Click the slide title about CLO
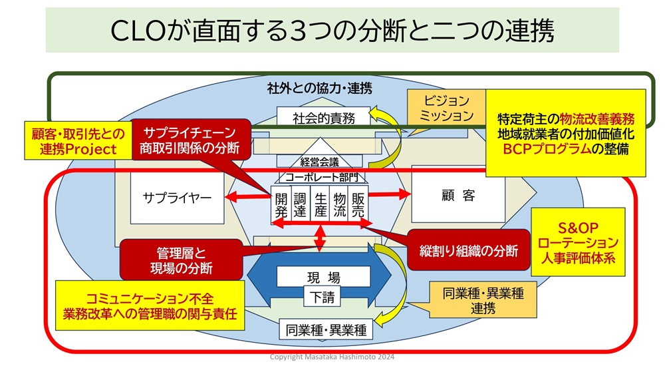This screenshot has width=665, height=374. [x=332, y=30]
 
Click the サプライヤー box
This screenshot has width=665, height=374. [x=177, y=198]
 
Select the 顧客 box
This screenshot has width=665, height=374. [x=458, y=196]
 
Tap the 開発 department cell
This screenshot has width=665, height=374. [x=281, y=204]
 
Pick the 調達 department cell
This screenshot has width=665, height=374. [x=300, y=204]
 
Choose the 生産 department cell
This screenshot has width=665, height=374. [x=320, y=204]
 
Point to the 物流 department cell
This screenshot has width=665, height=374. [x=339, y=204]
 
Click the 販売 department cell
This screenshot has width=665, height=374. [x=358, y=204]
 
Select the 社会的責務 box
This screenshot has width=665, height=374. [x=323, y=118]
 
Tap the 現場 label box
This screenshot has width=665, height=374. [x=323, y=278]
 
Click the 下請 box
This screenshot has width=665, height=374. [x=323, y=297]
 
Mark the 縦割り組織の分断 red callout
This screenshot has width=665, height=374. [x=469, y=250]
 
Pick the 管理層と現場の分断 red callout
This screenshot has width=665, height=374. [x=181, y=260]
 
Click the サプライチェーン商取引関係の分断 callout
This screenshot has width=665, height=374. [x=190, y=140]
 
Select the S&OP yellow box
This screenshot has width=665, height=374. [x=578, y=242]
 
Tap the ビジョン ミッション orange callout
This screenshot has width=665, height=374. [x=446, y=108]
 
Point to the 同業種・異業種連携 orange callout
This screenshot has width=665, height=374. [x=483, y=299]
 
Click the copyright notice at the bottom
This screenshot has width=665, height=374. [x=332, y=357]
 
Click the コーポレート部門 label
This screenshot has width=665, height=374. [x=321, y=176]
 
